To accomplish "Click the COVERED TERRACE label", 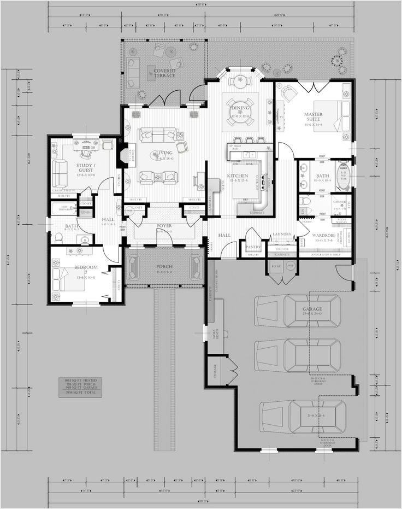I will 164,73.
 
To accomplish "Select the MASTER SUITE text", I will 313,117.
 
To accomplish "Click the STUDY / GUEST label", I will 71,166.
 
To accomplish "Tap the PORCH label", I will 164,267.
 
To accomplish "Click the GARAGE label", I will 313,309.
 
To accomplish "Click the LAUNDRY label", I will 281,235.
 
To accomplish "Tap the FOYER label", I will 164,226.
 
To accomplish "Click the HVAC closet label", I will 275,266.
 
